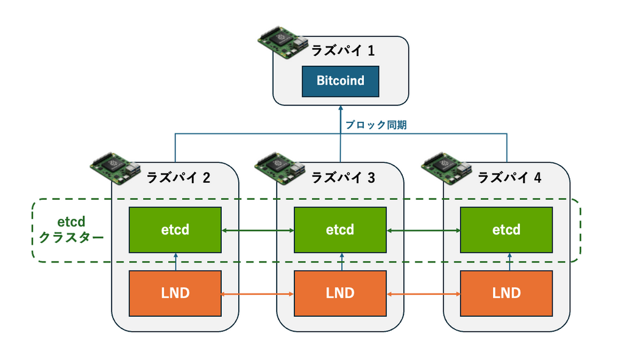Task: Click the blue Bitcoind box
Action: pos(340,81)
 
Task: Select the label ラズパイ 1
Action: pos(342,51)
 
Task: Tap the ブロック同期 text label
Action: pos(375,125)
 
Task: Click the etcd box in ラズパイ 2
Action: pos(175,230)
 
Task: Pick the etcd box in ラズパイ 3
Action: pos(340,230)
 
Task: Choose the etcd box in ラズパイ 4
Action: pos(506,230)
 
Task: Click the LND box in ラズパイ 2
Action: pos(175,293)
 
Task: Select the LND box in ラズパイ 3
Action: pos(340,293)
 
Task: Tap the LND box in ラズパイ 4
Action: pos(506,293)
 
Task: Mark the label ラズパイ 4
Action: pos(509,178)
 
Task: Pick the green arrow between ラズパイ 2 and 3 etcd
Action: pos(257,230)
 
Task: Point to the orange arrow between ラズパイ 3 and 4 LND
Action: pos(423,294)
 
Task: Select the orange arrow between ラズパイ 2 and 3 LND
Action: pos(257,294)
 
